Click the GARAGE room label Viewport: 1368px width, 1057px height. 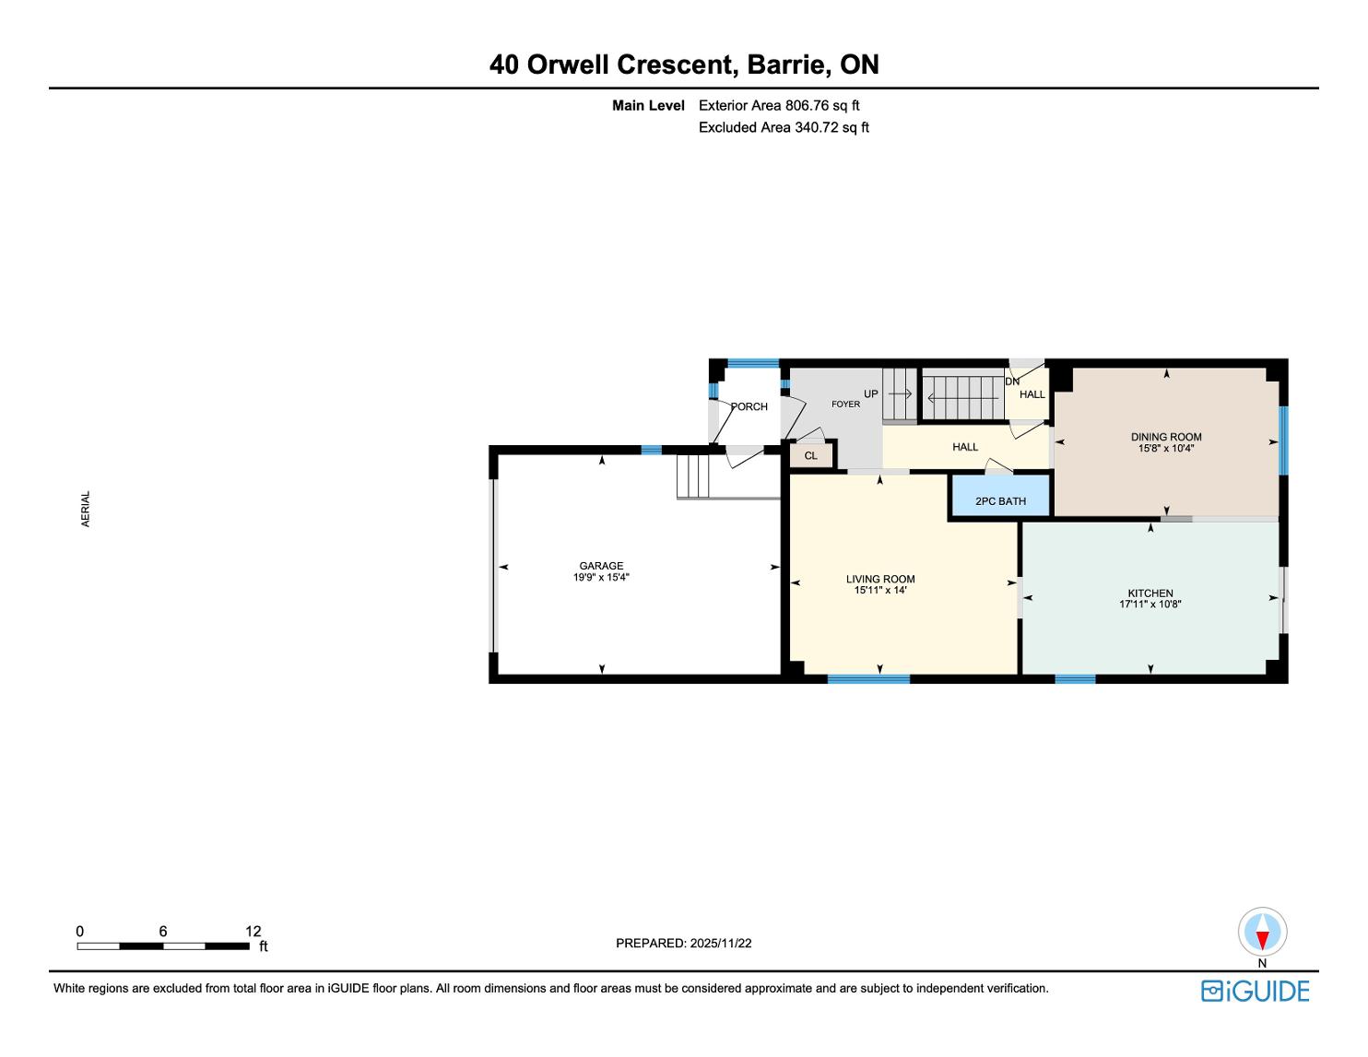[x=601, y=566]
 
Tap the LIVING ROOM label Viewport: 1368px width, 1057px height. [x=880, y=579]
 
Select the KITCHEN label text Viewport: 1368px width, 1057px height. [x=1150, y=593]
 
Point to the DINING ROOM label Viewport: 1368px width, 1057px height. [x=1166, y=437]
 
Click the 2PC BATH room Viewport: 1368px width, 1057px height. [x=1000, y=497]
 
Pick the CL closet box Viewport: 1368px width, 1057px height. [x=811, y=455]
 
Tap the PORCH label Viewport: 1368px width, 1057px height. [x=749, y=406]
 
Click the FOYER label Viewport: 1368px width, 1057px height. [x=845, y=404]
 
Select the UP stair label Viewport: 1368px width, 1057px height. [x=870, y=393]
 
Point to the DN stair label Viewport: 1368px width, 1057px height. [x=1012, y=382]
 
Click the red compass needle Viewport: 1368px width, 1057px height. [x=1262, y=940]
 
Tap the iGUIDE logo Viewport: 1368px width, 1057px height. [x=1255, y=991]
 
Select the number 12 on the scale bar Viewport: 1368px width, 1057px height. [x=254, y=931]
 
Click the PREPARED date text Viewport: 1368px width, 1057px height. [x=684, y=943]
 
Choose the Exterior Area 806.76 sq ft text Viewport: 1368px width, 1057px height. [x=779, y=106]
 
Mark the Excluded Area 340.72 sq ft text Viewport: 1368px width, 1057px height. [x=784, y=128]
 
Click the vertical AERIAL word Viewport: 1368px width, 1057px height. [x=86, y=509]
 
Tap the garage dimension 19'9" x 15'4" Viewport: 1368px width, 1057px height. [x=601, y=577]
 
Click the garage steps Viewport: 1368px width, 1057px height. [x=693, y=476]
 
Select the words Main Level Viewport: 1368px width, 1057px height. [x=648, y=106]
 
